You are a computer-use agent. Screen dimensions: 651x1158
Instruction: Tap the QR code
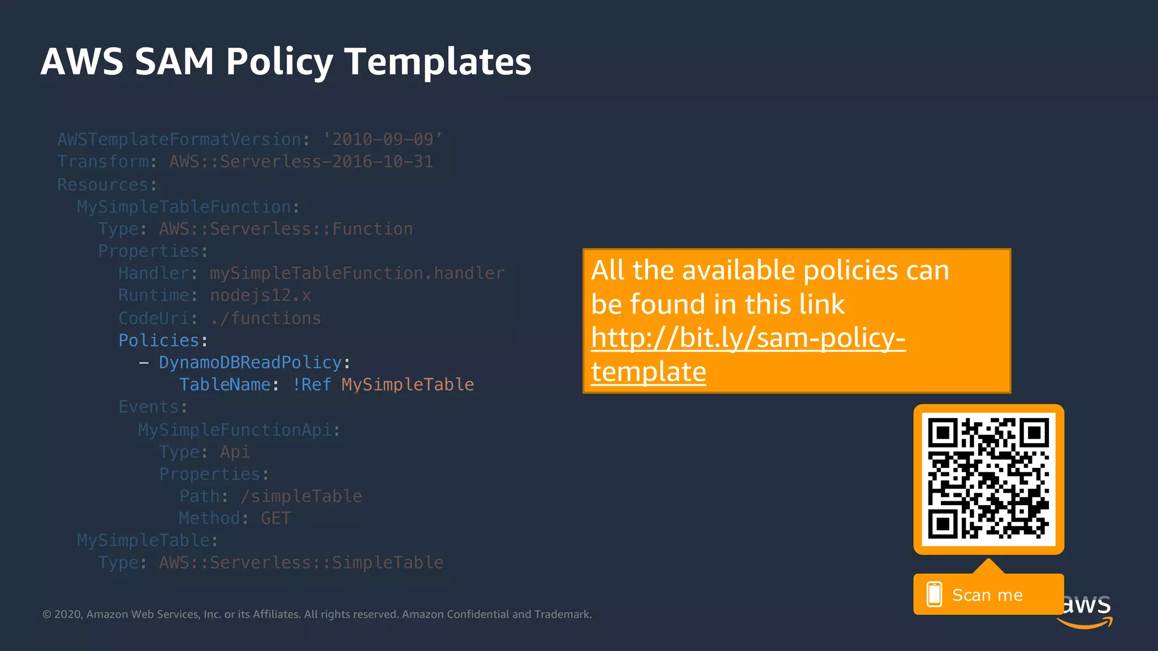(988, 479)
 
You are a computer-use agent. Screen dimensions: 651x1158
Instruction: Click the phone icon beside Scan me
(934, 594)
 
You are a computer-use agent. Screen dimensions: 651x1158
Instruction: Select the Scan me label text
(987, 595)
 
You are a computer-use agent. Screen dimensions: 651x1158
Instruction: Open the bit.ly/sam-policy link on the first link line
(748, 338)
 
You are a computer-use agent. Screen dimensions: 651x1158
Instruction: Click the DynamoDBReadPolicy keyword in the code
(250, 363)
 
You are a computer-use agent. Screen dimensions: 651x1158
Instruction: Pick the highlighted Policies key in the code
(159, 341)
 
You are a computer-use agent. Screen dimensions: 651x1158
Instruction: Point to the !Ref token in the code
(312, 385)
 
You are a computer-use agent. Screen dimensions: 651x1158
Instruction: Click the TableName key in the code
(225, 385)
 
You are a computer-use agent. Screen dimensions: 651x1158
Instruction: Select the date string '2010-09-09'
(383, 140)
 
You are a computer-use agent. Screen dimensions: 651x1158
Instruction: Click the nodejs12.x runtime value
(260, 296)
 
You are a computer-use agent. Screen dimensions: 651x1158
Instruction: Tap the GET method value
(275, 518)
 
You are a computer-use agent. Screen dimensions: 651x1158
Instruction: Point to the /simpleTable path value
(301, 496)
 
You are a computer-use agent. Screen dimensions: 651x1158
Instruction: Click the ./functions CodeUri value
(266, 319)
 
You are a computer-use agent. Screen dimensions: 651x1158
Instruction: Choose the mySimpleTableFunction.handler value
(357, 274)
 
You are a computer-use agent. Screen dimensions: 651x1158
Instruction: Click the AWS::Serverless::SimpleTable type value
(301, 563)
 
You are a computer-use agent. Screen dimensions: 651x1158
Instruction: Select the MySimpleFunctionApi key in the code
(235, 430)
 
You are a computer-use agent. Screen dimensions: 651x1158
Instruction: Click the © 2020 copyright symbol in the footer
(47, 614)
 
